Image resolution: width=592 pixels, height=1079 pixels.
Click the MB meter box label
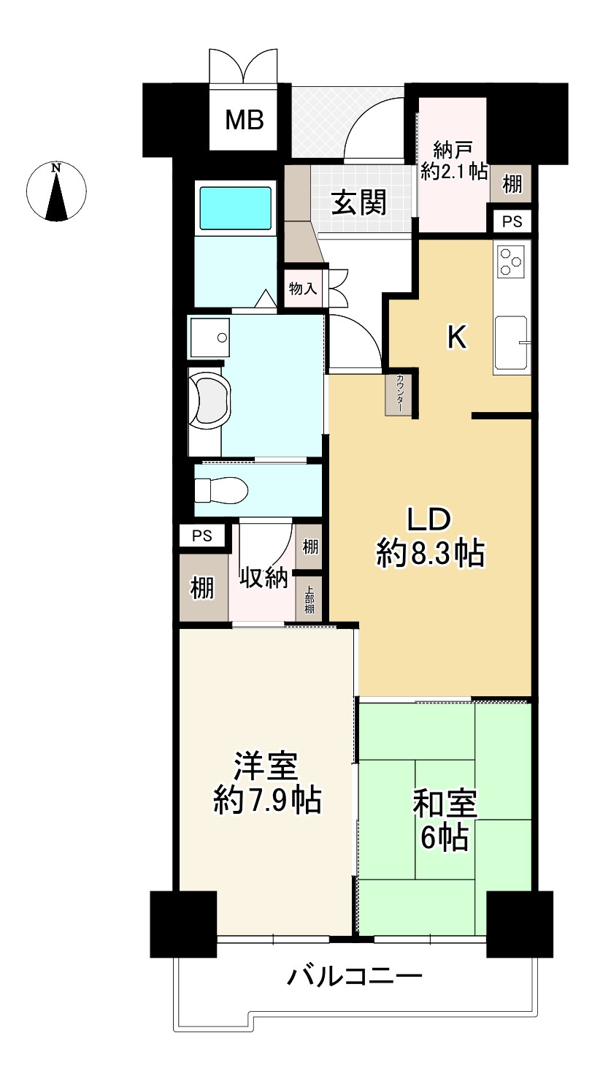click(x=244, y=119)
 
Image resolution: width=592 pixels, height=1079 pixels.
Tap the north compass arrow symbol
click(x=56, y=193)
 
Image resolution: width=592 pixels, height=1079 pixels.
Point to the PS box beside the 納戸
click(x=512, y=221)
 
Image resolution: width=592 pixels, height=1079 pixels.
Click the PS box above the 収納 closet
click(x=202, y=535)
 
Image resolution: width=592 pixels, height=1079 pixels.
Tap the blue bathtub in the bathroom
click(x=236, y=209)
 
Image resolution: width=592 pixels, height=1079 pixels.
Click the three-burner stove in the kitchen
click(x=510, y=261)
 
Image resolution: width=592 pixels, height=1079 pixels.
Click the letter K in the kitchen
click(x=456, y=338)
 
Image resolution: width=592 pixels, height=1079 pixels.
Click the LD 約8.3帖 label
click(x=430, y=537)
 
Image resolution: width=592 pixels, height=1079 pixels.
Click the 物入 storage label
click(x=302, y=289)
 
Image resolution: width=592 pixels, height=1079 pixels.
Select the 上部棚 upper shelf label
click(x=310, y=599)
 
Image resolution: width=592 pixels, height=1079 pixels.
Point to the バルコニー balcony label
click(x=355, y=975)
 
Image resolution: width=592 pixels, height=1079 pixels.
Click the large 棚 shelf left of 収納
click(x=203, y=587)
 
